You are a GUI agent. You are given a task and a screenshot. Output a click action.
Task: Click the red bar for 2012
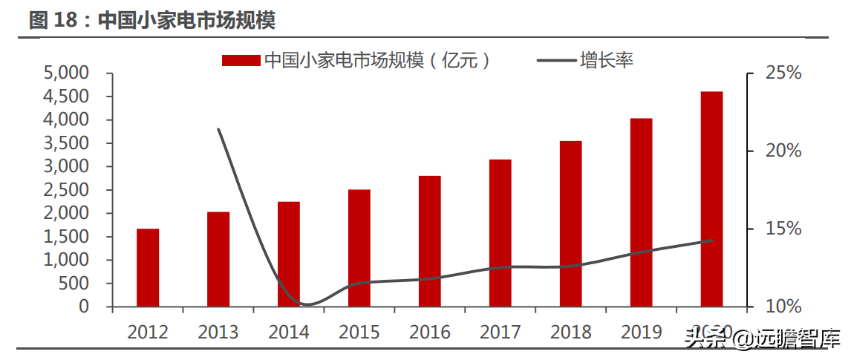click(x=148, y=267)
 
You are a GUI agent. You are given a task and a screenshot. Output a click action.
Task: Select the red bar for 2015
click(x=359, y=248)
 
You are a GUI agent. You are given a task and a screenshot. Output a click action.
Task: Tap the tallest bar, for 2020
click(x=711, y=199)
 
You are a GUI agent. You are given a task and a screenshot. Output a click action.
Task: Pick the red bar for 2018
click(x=570, y=223)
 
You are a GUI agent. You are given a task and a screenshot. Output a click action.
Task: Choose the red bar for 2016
click(x=430, y=241)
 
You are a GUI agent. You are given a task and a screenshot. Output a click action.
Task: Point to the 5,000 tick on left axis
click(x=66, y=73)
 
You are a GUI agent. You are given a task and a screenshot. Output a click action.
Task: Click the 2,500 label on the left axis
click(x=66, y=190)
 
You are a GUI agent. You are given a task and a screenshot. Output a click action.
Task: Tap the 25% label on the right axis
click(x=763, y=73)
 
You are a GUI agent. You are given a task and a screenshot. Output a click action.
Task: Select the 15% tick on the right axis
click(x=763, y=229)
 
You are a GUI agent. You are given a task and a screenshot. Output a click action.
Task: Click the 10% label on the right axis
click(x=763, y=306)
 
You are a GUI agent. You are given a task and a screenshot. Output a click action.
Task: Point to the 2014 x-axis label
click(x=289, y=332)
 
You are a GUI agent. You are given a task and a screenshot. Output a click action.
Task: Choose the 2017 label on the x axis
click(x=501, y=332)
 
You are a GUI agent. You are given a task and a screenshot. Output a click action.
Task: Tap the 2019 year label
click(x=642, y=332)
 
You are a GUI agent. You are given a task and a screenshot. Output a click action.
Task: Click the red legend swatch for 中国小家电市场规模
click(x=241, y=60)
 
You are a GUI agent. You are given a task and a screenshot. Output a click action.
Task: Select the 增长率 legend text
click(x=607, y=60)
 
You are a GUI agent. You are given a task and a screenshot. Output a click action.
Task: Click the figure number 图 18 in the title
click(x=53, y=20)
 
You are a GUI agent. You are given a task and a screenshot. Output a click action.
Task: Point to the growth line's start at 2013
click(x=218, y=129)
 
